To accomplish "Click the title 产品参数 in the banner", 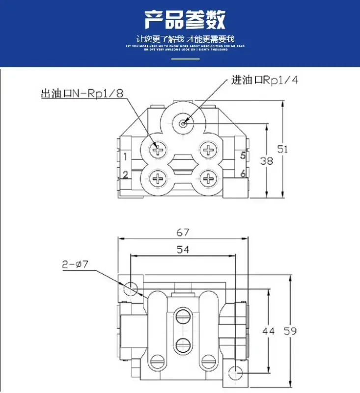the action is point(185,20).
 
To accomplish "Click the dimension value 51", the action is point(282,148).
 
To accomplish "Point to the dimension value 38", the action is point(266,160).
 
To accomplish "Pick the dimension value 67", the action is point(183,232).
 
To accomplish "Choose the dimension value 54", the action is point(182,250).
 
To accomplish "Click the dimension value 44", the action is point(268,331).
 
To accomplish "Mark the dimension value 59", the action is point(290,331).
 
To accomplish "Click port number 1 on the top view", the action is point(126,157).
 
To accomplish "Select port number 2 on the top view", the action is point(126,173).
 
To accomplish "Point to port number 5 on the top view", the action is point(243,156).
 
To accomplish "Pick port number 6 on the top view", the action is point(243,173).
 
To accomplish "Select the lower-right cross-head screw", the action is point(209,179).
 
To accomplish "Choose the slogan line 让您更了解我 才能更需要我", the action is point(185,38).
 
